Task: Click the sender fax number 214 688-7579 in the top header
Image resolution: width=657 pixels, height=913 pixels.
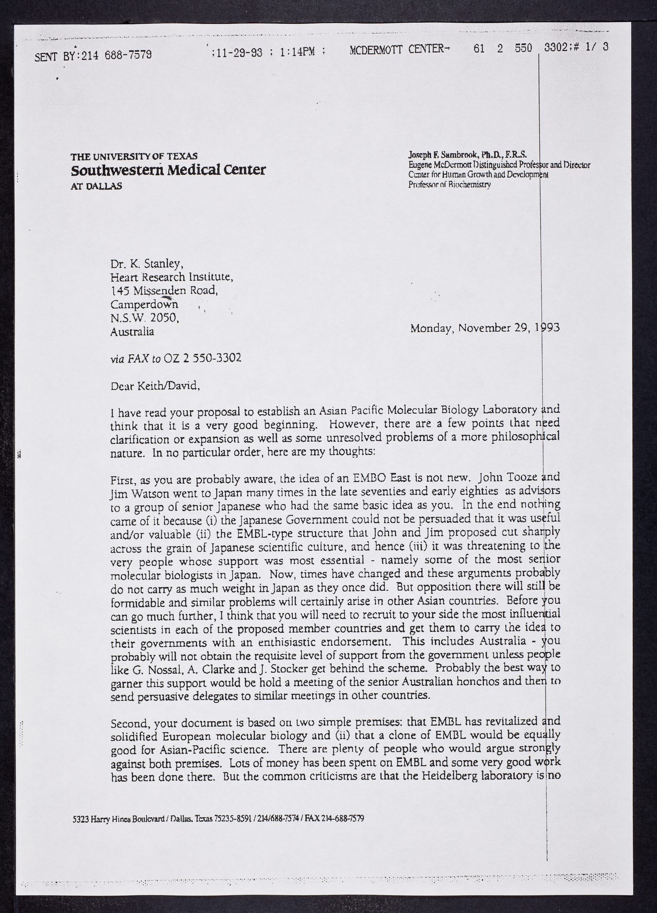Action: tap(117, 55)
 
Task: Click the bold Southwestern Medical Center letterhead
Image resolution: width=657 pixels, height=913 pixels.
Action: tap(168, 170)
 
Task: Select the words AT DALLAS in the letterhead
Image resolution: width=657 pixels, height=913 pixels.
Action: tap(96, 186)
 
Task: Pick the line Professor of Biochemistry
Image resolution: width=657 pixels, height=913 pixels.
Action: tap(449, 185)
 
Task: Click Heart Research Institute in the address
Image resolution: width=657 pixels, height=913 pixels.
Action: tap(172, 277)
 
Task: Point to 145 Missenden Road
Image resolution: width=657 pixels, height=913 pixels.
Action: tap(164, 291)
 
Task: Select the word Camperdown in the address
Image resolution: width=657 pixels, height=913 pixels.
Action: tap(144, 304)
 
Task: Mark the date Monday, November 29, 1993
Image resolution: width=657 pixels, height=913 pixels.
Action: tap(485, 328)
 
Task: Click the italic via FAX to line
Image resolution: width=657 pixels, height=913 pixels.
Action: tap(176, 358)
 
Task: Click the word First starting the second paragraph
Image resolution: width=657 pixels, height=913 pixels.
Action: tap(123, 480)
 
